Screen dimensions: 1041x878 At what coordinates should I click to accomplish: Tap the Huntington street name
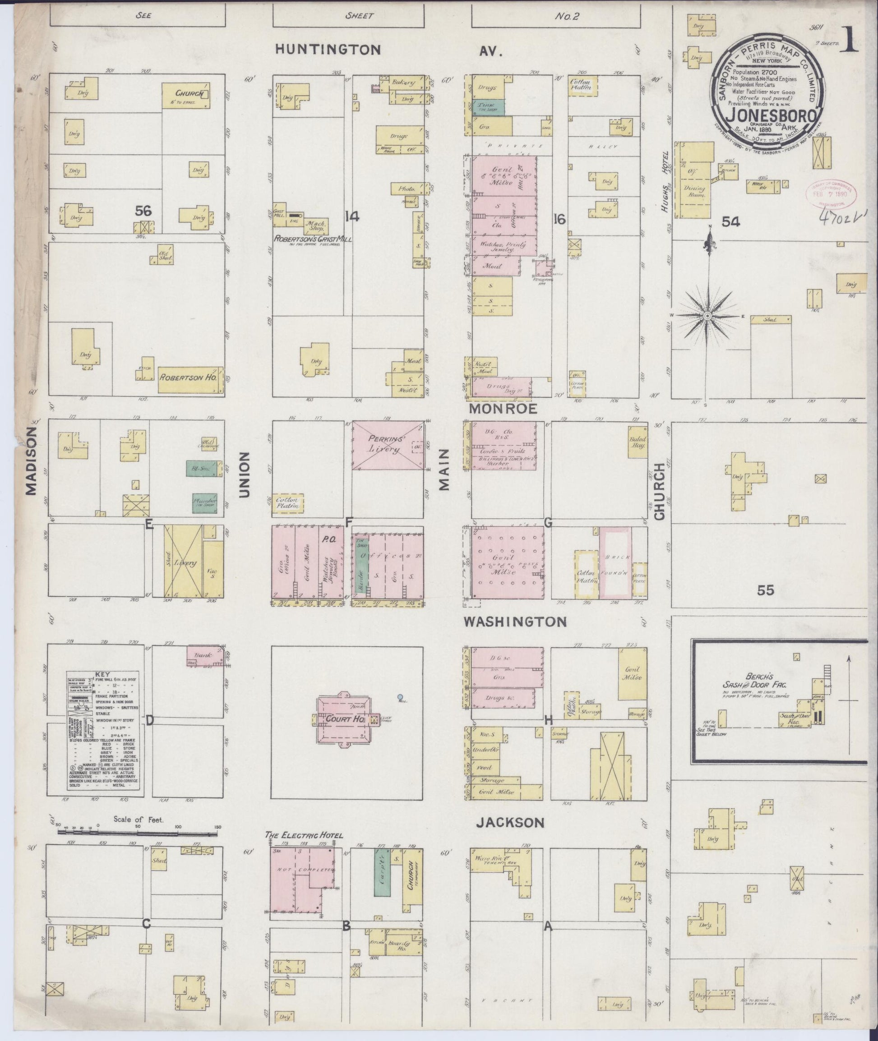328,49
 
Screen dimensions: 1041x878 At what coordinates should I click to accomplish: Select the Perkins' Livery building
388,445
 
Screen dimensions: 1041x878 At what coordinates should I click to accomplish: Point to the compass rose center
707,316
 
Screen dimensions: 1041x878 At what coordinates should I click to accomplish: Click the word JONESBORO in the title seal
771,115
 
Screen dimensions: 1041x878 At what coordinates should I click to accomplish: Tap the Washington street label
515,622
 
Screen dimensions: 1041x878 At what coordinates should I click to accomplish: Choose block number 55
766,590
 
